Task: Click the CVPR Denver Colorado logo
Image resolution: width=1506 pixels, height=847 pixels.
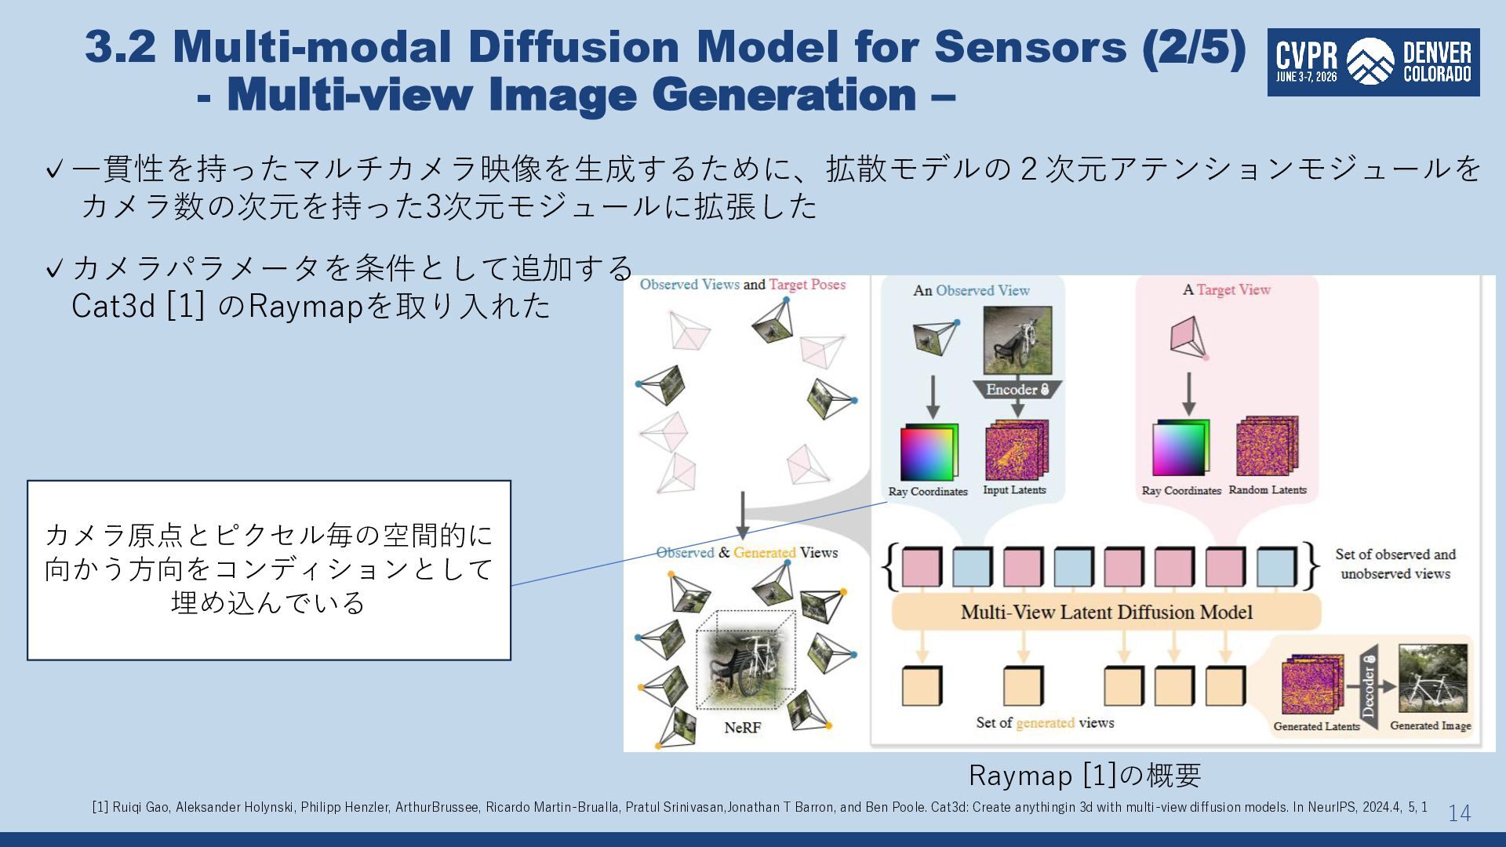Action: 1373,63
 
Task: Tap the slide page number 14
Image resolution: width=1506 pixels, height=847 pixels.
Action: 1459,813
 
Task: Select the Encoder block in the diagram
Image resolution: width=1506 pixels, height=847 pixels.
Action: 1017,390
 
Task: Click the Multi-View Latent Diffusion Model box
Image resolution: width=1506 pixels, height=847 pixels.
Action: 1107,612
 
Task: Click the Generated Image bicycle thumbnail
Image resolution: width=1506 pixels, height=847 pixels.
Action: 1432,679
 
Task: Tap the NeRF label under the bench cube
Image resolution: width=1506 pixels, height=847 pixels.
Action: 742,728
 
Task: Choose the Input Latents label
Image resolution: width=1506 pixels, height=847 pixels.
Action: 1014,490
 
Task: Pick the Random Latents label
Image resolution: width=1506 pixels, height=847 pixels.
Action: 1268,490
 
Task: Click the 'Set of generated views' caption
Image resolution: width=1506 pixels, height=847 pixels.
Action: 1045,723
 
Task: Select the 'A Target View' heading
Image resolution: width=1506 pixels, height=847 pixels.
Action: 1227,290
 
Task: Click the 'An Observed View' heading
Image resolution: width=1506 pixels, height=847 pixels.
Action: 971,291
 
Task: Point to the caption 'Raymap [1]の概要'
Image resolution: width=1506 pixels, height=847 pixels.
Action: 1085,776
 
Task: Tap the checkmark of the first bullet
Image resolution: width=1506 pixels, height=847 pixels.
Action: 54,169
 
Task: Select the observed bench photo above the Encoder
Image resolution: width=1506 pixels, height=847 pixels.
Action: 1017,340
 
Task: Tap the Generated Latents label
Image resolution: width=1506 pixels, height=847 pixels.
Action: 1316,727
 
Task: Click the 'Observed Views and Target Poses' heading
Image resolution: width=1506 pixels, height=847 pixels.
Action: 743,285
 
